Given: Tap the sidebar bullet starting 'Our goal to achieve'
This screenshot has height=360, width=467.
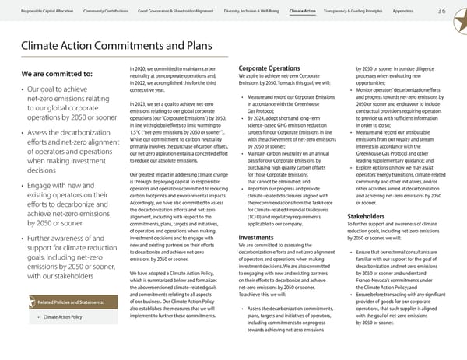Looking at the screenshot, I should [x=68, y=110].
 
